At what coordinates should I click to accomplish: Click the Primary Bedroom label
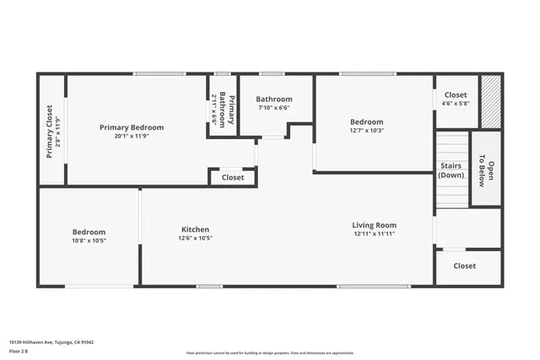pyautogui.click(x=132, y=127)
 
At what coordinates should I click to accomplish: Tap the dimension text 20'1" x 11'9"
pyautogui.click(x=132, y=137)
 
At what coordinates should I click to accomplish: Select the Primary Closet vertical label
pyautogui.click(x=50, y=131)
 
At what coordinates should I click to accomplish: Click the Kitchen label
pyautogui.click(x=195, y=229)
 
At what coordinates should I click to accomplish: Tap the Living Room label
pyautogui.click(x=374, y=225)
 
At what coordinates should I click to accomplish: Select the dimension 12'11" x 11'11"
pyautogui.click(x=374, y=234)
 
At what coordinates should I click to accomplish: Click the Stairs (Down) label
pyautogui.click(x=451, y=170)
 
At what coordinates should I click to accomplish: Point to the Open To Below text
pyautogui.click(x=486, y=169)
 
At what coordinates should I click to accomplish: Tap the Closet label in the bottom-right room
pyautogui.click(x=464, y=266)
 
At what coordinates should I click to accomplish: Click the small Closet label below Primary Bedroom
pyautogui.click(x=233, y=178)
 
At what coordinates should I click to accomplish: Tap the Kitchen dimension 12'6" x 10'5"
pyautogui.click(x=195, y=239)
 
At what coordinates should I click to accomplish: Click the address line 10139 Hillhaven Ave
pyautogui.click(x=51, y=342)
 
